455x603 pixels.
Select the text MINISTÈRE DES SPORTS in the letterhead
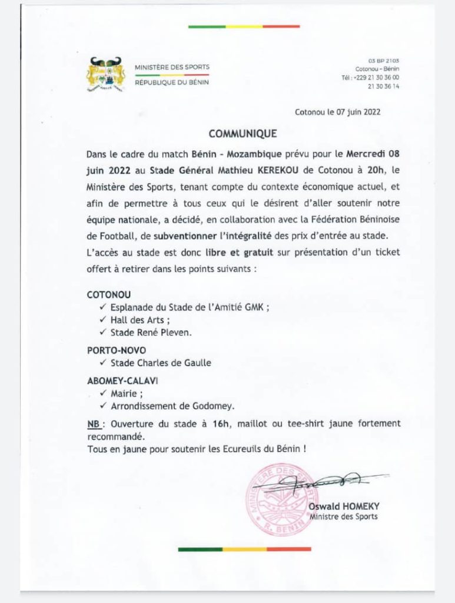pos(172,67)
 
